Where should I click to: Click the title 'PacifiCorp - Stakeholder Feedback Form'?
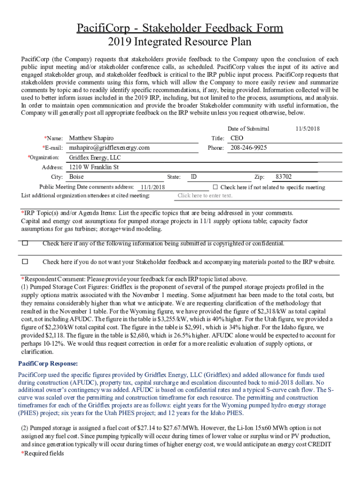(180, 28)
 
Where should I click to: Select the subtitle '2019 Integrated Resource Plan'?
(180, 42)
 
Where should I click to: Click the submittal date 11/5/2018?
(308, 129)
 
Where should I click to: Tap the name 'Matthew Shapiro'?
(91, 138)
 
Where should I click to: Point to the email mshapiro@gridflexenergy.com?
(109, 147)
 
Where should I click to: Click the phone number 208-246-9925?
(249, 147)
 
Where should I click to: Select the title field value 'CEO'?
(237, 138)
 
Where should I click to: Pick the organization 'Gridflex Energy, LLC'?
(94, 158)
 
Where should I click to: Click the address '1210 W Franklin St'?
(94, 167)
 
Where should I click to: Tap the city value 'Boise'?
(76, 177)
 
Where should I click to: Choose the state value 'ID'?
(194, 177)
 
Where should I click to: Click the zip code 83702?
(284, 177)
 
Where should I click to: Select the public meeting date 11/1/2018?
(152, 187)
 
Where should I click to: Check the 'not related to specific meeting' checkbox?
(216, 187)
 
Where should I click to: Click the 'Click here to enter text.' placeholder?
(205, 196)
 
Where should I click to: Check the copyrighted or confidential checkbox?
(25, 243)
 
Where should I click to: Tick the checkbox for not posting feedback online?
(25, 261)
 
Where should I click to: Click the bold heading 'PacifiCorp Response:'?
(48, 363)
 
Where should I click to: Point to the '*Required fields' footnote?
(43, 453)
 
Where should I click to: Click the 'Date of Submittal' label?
(248, 129)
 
